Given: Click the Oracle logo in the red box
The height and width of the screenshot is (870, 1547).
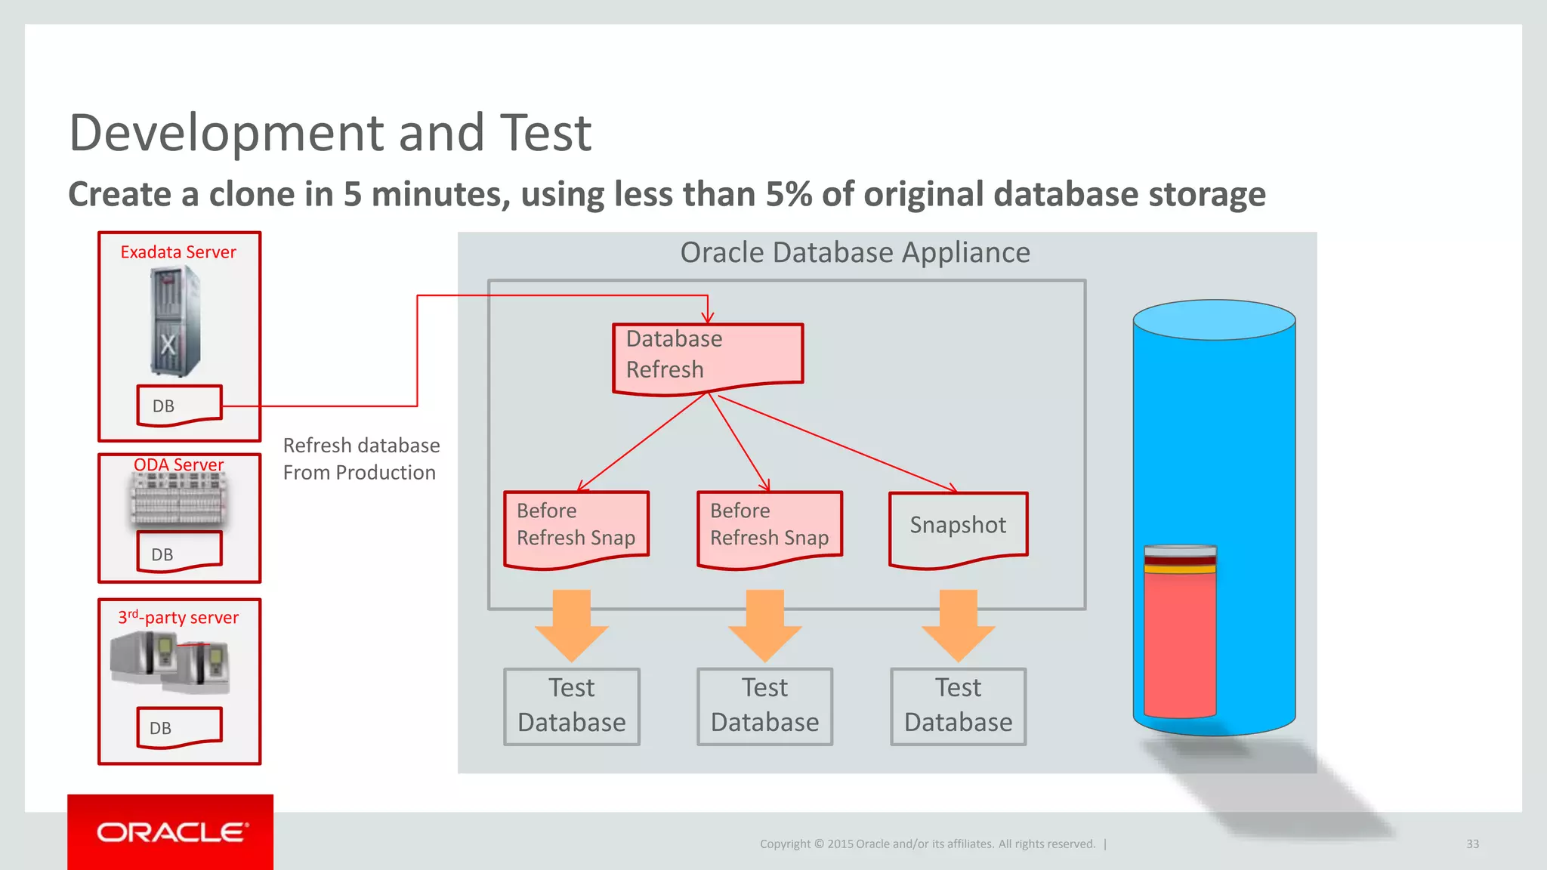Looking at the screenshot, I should pyautogui.click(x=171, y=832).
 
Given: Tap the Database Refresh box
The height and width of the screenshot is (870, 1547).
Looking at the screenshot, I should pyautogui.click(x=707, y=355).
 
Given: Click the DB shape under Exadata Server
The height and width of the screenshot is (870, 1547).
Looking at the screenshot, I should pyautogui.click(x=179, y=406).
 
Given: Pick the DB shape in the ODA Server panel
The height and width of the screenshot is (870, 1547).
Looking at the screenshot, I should pyautogui.click(x=179, y=552).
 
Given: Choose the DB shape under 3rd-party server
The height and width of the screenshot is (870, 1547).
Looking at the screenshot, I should pyautogui.click(x=179, y=727).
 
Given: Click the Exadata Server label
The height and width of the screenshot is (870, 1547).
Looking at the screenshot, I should pyautogui.click(x=178, y=252).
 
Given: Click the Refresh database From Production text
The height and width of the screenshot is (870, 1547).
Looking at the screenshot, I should pyautogui.click(x=360, y=459).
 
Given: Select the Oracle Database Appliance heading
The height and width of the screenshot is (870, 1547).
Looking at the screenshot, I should pyautogui.click(x=854, y=252).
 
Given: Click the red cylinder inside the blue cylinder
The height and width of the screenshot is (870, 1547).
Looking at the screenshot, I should pyautogui.click(x=1179, y=642).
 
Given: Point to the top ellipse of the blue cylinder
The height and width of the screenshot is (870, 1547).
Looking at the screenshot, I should pyautogui.click(x=1214, y=319).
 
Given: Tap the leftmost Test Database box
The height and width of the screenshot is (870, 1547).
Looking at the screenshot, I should pyautogui.click(x=572, y=705).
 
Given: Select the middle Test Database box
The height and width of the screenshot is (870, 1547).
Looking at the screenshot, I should pyautogui.click(x=764, y=705).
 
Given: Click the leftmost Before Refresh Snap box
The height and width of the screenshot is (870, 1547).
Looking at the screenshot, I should pyautogui.click(x=576, y=526).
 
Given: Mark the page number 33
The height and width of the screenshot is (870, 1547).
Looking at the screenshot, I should pyautogui.click(x=1472, y=844).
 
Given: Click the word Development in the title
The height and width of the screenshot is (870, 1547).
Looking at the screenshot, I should pyautogui.click(x=227, y=133).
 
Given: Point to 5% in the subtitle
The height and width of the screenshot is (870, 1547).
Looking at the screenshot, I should pyautogui.click(x=789, y=194).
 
